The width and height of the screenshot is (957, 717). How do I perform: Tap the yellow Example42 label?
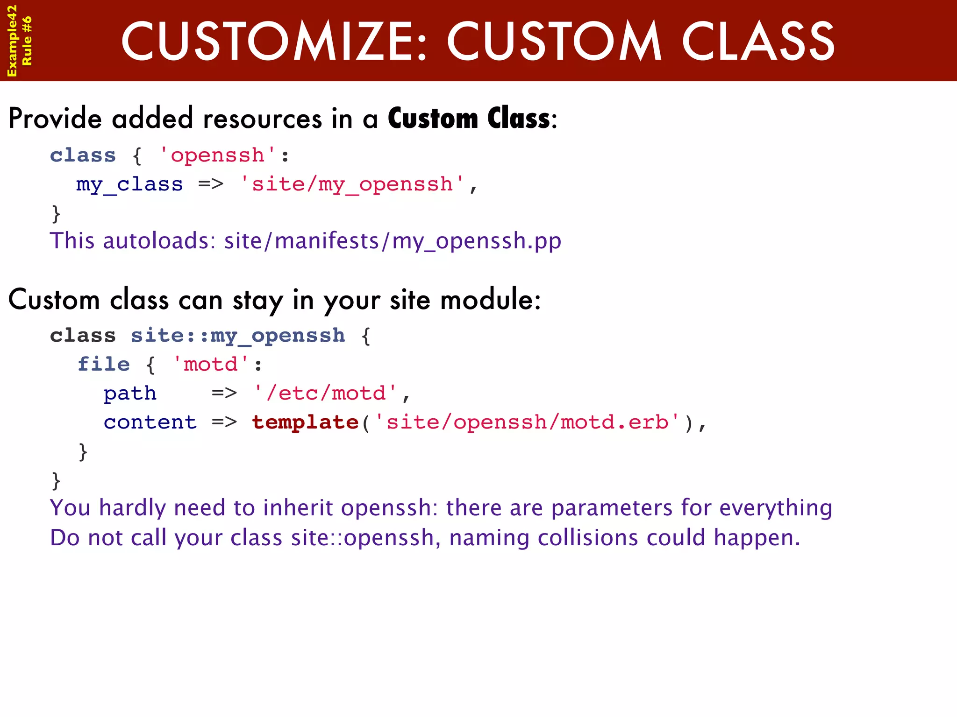click(12, 41)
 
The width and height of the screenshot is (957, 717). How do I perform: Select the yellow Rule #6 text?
click(27, 41)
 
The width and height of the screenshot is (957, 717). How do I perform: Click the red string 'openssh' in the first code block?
click(218, 155)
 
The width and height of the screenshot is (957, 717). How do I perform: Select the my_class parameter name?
click(129, 184)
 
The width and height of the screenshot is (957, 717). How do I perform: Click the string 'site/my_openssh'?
click(352, 184)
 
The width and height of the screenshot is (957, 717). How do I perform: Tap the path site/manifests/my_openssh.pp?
click(393, 241)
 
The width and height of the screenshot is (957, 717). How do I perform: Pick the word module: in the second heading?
click(490, 300)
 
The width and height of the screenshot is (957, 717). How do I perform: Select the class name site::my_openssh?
click(238, 336)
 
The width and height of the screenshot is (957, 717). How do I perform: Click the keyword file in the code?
click(104, 364)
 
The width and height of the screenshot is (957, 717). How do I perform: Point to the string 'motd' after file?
click(211, 364)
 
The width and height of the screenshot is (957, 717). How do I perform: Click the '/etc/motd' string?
click(325, 393)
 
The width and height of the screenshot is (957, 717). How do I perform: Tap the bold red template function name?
click(305, 422)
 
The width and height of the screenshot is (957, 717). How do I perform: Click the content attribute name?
click(150, 422)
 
